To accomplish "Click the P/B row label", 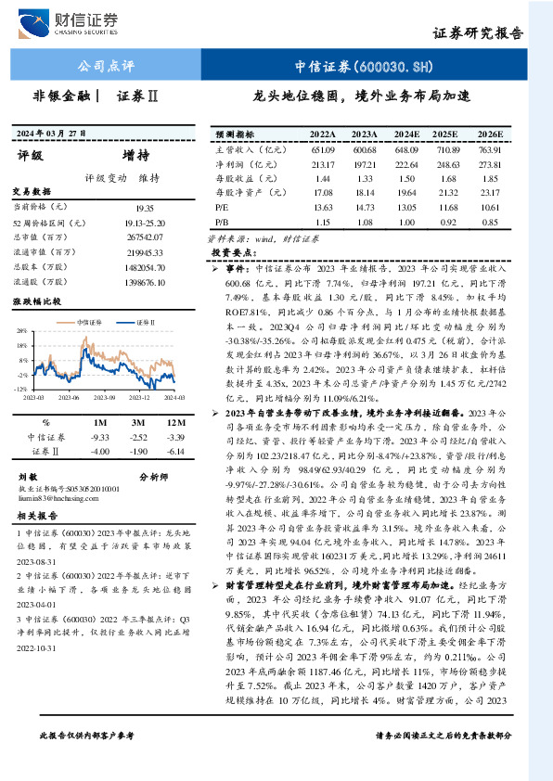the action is (x=222, y=223).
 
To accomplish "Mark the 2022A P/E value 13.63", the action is (x=323, y=208).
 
